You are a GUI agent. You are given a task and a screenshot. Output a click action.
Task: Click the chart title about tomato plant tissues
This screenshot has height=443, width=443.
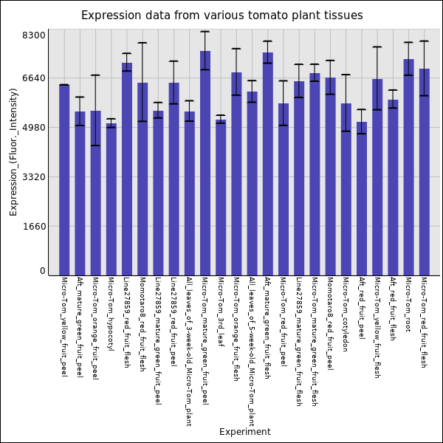point(221,16)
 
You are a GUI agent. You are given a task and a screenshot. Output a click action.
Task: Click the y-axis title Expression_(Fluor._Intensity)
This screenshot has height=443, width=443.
point(13,151)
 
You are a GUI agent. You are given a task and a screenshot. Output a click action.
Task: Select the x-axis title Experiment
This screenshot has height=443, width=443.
point(244,432)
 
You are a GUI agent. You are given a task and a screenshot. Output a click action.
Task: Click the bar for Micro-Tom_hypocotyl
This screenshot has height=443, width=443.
point(111,199)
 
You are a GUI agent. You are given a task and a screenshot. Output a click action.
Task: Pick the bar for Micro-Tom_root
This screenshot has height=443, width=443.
point(408,167)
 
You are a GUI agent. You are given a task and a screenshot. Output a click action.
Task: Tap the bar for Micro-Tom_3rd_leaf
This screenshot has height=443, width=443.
point(221,197)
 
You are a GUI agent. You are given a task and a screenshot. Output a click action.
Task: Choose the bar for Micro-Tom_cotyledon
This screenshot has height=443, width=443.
point(346,189)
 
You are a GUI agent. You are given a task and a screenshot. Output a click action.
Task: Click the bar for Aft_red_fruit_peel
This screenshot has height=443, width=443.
point(361,199)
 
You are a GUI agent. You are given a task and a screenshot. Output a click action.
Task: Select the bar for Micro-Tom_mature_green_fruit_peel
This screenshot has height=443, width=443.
point(205,163)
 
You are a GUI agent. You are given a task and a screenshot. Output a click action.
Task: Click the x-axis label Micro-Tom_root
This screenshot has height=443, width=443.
point(408,304)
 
